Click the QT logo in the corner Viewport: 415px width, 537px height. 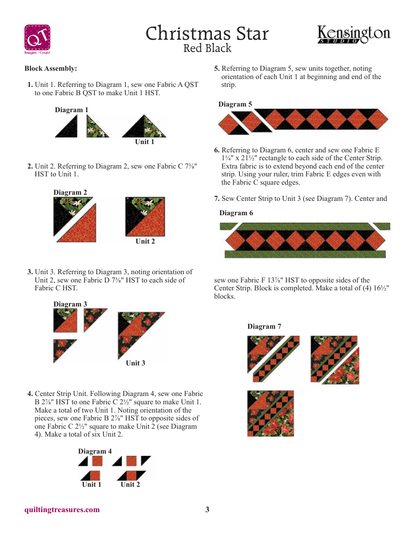click(37, 39)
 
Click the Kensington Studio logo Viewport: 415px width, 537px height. click(354, 35)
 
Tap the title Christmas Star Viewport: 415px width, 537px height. click(207, 34)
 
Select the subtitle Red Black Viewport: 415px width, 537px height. click(207, 48)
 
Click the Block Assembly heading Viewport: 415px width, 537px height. click(51, 69)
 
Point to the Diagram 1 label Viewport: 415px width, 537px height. click(72, 110)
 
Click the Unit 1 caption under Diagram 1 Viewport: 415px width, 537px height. click(145, 142)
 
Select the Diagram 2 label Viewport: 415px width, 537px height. click(70, 193)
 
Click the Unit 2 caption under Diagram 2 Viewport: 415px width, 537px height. click(145, 241)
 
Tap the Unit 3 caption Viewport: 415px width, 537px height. click(135, 363)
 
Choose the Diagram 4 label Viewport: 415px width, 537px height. click(95, 451)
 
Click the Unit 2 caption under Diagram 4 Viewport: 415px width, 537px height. click(130, 485)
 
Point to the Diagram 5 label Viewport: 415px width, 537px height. click(235, 104)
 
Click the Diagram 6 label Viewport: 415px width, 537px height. click(236, 213)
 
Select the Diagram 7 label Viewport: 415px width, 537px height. click(264, 327)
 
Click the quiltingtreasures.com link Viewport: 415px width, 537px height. click(62, 509)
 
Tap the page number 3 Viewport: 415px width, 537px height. click(207, 509)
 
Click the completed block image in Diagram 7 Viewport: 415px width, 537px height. click(270, 413)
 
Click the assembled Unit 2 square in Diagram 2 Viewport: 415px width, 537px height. click(145, 217)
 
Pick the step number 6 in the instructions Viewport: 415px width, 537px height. click(217, 150)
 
